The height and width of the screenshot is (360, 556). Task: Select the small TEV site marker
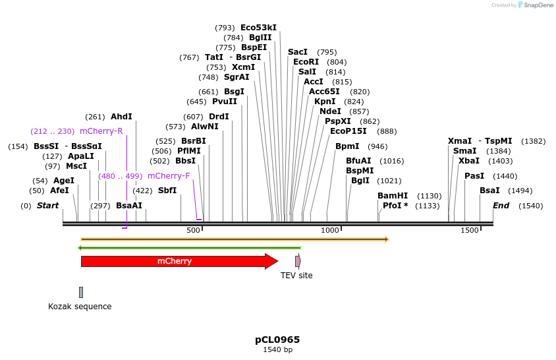pyautogui.click(x=298, y=261)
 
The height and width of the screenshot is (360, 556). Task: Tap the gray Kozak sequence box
pyautogui.click(x=81, y=292)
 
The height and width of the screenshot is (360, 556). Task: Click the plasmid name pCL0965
pyautogui.click(x=277, y=340)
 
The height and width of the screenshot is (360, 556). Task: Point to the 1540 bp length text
pyautogui.click(x=277, y=350)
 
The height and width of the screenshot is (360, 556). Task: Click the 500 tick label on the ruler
pyautogui.click(x=193, y=230)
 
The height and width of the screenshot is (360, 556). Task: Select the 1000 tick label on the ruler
pyautogui.click(x=329, y=230)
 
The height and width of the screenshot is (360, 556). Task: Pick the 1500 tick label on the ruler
pyautogui.click(x=470, y=230)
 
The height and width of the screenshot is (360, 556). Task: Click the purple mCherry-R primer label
pyautogui.click(x=101, y=131)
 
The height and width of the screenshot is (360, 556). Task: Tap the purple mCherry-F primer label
pyautogui.click(x=169, y=176)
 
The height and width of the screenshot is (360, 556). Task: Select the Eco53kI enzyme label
pyautogui.click(x=258, y=28)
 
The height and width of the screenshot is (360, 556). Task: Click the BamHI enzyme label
pyautogui.click(x=393, y=196)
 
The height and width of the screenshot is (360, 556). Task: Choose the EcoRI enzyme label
pyautogui.click(x=306, y=62)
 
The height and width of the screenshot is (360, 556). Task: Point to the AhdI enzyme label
pyautogui.click(x=121, y=117)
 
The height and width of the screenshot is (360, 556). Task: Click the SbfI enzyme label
pyautogui.click(x=167, y=191)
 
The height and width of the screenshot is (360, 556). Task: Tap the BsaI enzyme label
pyautogui.click(x=489, y=191)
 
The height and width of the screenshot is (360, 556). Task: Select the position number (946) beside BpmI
pyautogui.click(x=377, y=146)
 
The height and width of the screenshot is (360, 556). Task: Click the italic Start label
pyautogui.click(x=47, y=206)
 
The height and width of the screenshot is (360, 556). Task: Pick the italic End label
pyautogui.click(x=501, y=206)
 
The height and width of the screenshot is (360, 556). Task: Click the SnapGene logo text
pyautogui.click(x=540, y=5)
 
